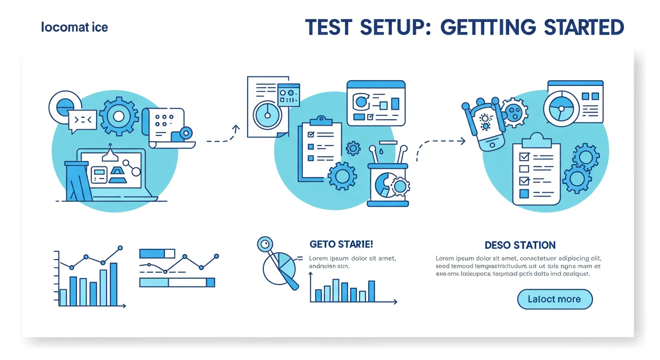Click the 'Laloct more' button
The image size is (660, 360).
pos(555,299)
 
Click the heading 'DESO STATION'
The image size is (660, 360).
pos(520,245)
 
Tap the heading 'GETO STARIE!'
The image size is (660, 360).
pos(341,244)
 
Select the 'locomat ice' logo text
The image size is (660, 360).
pos(75,27)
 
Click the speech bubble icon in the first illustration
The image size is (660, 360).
pos(82,120)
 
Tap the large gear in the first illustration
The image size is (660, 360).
pos(119,116)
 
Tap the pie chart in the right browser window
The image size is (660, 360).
pos(561,107)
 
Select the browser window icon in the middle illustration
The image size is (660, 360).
pos(375,103)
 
